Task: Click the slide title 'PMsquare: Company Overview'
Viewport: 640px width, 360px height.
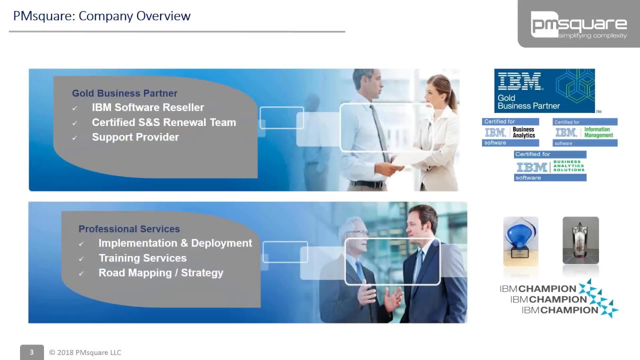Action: click(102, 16)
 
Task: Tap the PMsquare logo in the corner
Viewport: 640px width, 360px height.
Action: click(578, 25)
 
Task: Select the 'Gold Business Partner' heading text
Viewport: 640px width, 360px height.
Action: click(124, 93)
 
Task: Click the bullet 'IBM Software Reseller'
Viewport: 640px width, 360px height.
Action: click(148, 107)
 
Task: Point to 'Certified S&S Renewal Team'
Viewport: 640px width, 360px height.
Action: click(163, 122)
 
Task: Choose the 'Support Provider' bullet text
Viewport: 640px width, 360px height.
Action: click(135, 137)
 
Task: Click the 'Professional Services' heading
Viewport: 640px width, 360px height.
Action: click(129, 229)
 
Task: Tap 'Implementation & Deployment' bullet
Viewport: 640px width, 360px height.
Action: click(175, 243)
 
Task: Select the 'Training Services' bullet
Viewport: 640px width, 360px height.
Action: click(142, 258)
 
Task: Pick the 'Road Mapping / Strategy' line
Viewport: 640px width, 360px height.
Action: click(160, 273)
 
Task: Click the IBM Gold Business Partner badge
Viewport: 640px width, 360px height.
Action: click(544, 90)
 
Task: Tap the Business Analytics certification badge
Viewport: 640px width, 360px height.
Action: click(510, 132)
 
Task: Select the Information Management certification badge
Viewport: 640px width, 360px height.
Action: click(585, 132)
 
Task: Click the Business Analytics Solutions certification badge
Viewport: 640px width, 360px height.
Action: click(550, 166)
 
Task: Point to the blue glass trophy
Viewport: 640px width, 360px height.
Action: click(520, 240)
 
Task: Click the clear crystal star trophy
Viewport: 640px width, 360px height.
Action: click(580, 240)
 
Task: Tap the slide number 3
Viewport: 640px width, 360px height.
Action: click(31, 352)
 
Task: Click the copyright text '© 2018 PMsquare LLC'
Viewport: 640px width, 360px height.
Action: click(85, 352)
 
